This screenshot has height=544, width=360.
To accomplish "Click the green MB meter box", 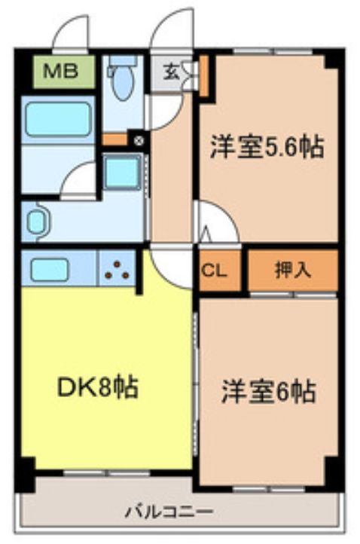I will [x=63, y=72].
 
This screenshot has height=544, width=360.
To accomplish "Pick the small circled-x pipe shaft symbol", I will [x=137, y=139].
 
